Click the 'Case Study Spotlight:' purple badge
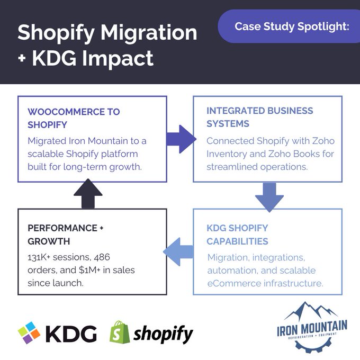coord(289,26)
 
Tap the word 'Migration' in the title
coord(149,32)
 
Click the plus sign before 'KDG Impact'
coord(22,58)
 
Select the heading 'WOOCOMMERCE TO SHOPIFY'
coord(74,118)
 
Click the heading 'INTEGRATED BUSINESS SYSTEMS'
coord(259,117)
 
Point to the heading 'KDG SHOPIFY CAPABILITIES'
coord(237,235)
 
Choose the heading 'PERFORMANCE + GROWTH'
coord(66,235)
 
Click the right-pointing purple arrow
coord(182,139)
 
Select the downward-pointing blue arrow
coord(269,197)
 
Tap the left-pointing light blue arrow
coord(178,251)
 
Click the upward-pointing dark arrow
coord(88,194)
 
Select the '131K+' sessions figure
coord(39,257)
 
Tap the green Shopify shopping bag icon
coord(119,332)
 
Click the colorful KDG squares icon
coord(29,332)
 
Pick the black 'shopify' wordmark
coord(163,334)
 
